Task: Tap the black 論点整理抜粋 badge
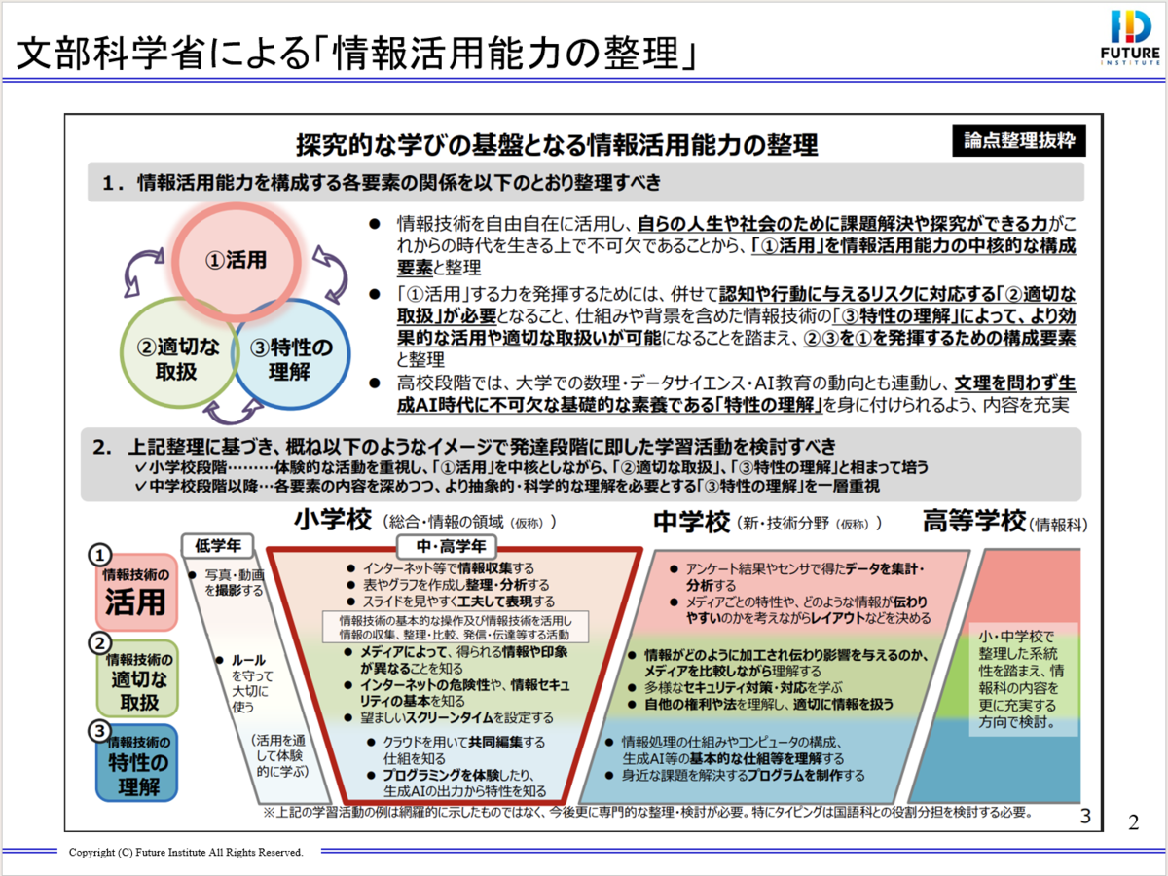[1018, 140]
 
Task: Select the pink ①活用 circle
[237, 260]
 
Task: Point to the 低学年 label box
[219, 545]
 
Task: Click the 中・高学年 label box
[446, 545]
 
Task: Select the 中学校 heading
[690, 522]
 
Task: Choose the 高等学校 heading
[973, 523]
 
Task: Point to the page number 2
[1133, 821]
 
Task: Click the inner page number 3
[1085, 816]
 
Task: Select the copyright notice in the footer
[186, 852]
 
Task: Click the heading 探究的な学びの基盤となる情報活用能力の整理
[557, 146]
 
